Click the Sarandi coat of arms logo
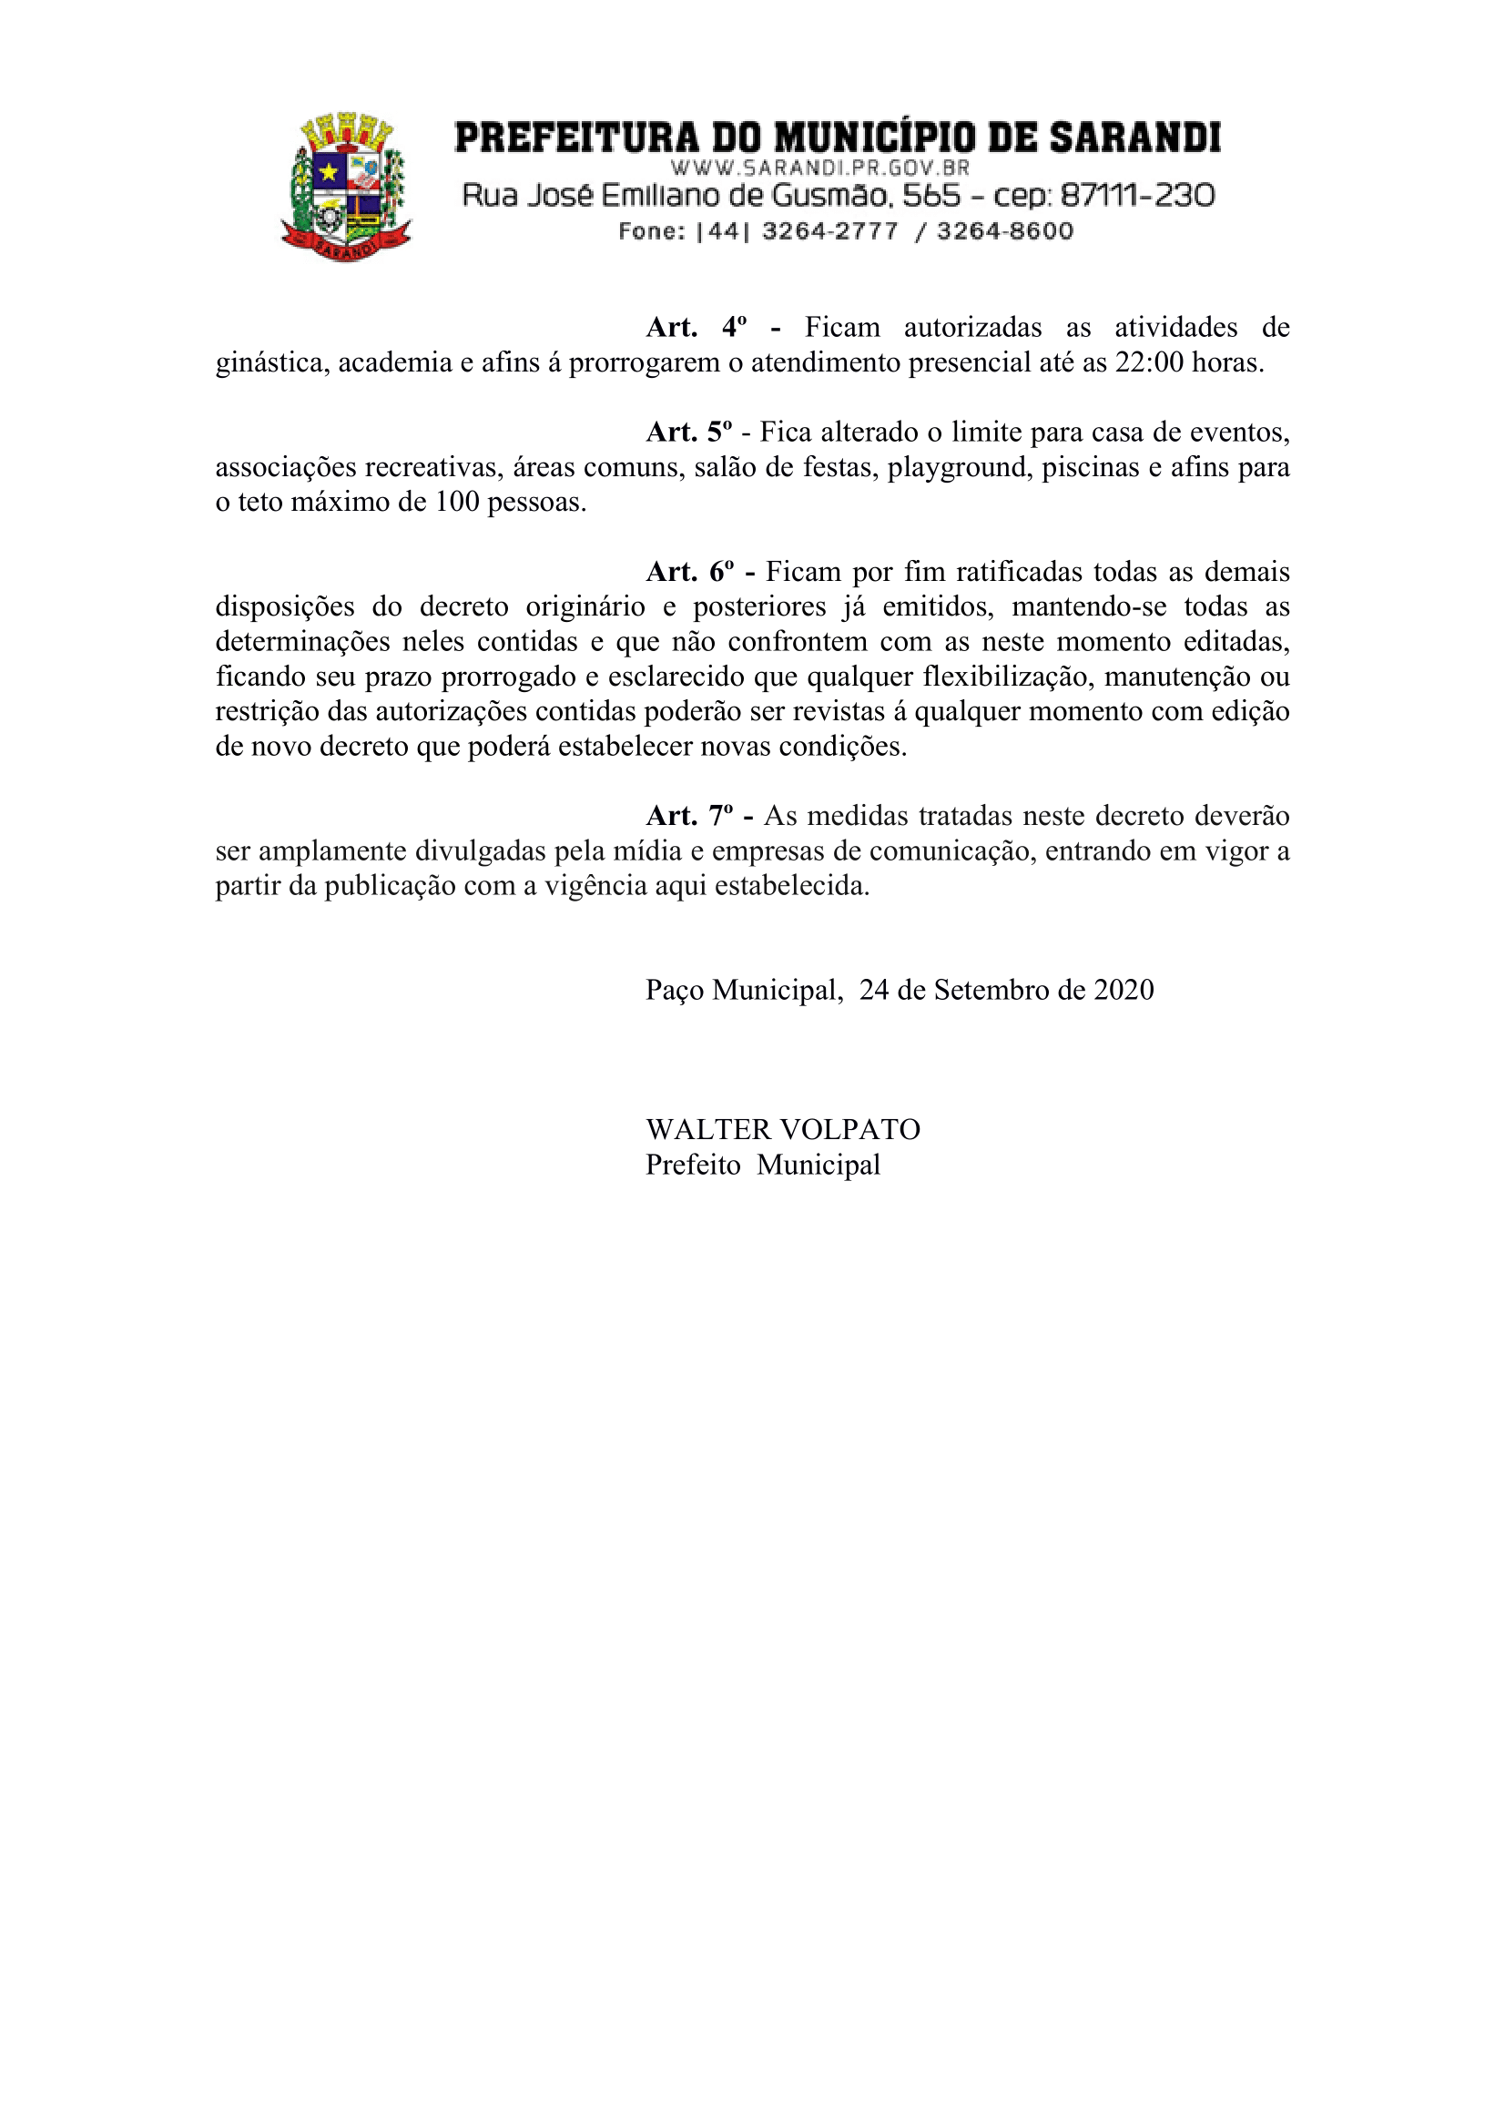[x=346, y=187]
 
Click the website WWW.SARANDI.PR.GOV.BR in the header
[x=819, y=168]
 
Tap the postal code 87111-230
[x=1137, y=196]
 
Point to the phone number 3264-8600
[x=1004, y=230]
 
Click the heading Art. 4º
[x=696, y=327]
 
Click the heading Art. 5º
[x=688, y=432]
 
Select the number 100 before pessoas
[x=457, y=503]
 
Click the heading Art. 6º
[x=689, y=572]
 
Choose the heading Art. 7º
[x=688, y=816]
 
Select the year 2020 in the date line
[x=1124, y=990]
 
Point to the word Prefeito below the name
[x=692, y=1164]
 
